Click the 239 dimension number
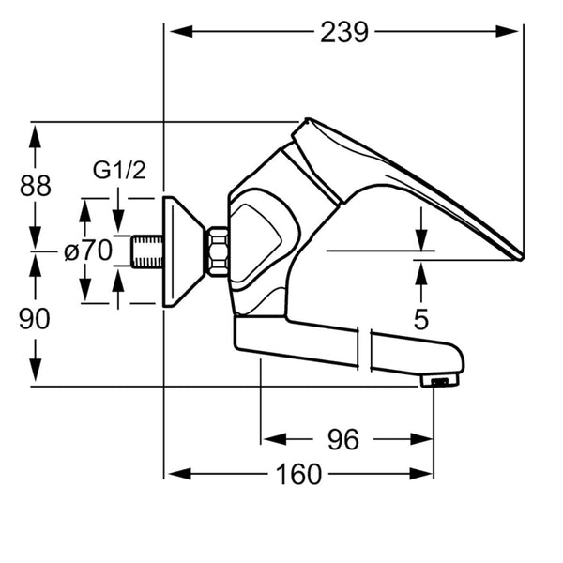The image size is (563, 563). (x=344, y=32)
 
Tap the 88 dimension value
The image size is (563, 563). (x=36, y=186)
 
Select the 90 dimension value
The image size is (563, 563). (x=35, y=319)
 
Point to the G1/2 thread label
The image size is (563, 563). (x=119, y=170)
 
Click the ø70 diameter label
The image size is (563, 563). (x=88, y=251)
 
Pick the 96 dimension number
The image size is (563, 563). (x=342, y=439)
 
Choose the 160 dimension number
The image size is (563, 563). (x=298, y=474)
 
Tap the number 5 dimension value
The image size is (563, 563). (x=420, y=319)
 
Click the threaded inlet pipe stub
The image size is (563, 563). (x=146, y=251)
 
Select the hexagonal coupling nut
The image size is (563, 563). (x=218, y=251)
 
